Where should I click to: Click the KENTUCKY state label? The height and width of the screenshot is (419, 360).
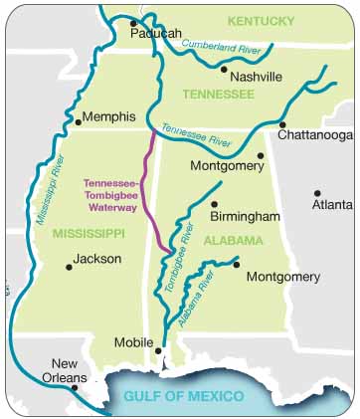click(x=261, y=20)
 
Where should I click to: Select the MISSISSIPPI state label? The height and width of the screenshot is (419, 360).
click(x=90, y=234)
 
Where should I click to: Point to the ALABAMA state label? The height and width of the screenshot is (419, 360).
click(x=233, y=241)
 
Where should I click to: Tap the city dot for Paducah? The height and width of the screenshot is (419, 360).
click(x=133, y=22)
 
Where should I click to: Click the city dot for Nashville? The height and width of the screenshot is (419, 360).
click(x=224, y=70)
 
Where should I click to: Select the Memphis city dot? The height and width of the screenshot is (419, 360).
click(x=78, y=122)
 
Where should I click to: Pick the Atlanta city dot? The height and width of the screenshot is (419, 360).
click(x=317, y=193)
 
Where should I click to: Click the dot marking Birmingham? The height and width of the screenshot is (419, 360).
click(x=214, y=204)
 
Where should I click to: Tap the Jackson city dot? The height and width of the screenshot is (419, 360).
click(x=69, y=266)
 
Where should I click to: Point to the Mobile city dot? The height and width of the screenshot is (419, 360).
click(x=158, y=349)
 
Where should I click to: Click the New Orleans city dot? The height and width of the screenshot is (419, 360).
click(x=74, y=387)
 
